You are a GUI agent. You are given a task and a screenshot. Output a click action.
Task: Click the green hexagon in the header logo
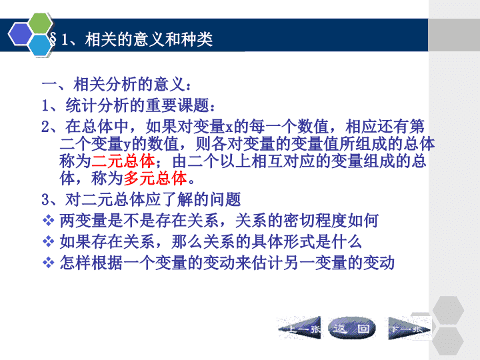click(x=41, y=23)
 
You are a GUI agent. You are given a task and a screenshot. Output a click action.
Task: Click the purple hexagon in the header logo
click(x=20, y=34)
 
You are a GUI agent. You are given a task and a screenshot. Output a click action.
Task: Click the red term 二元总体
click(x=123, y=161)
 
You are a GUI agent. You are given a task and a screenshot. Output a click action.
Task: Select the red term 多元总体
click(x=155, y=179)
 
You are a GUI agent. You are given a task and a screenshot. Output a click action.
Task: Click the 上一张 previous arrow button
click(x=299, y=329)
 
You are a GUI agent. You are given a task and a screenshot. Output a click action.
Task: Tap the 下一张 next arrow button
click(x=409, y=329)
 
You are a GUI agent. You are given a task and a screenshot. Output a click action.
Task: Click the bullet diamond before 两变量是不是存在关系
click(x=48, y=221)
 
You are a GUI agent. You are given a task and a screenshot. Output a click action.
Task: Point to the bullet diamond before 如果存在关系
click(x=48, y=241)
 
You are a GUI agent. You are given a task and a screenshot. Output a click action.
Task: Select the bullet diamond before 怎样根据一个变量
click(x=48, y=263)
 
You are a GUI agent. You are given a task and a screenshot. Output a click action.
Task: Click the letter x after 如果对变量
click(x=229, y=128)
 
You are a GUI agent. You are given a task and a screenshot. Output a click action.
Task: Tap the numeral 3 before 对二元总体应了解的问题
click(x=45, y=199)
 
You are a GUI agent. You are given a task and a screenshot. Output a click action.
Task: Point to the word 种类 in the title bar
click(x=197, y=40)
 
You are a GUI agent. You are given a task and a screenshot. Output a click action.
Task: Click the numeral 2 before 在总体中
click(x=45, y=127)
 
